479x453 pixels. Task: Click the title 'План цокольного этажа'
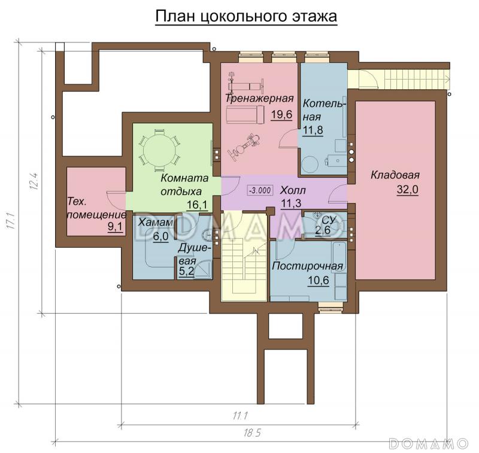(246, 17)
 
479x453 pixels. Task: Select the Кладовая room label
(395, 175)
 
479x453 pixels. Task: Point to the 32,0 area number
(407, 190)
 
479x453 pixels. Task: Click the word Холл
(293, 190)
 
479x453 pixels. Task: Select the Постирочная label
(307, 266)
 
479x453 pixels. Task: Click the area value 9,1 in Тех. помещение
(113, 227)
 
